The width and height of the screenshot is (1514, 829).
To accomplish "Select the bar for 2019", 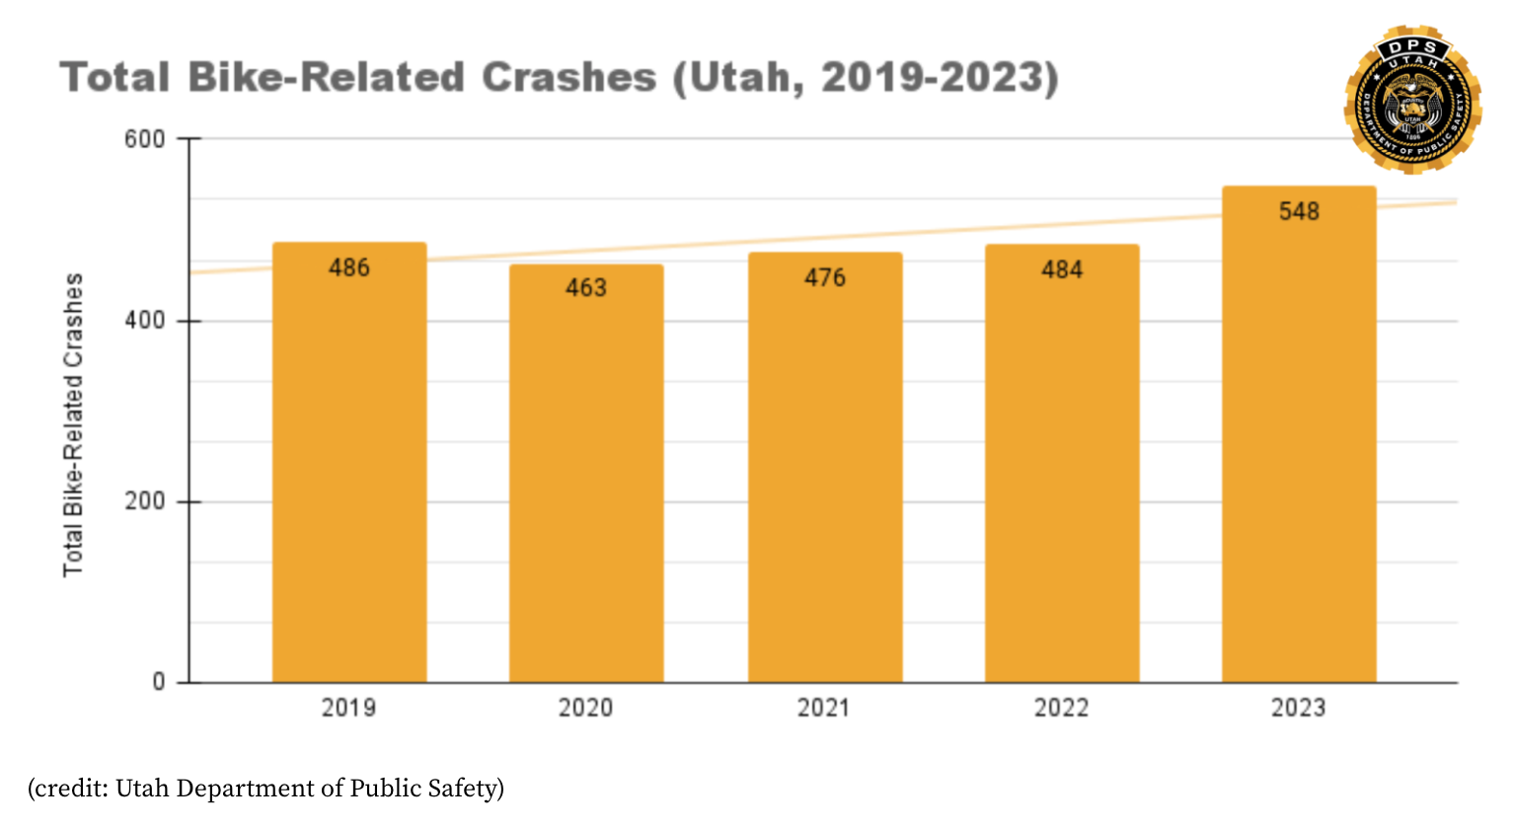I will coord(349,464).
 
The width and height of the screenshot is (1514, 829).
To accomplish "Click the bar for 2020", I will coord(586,474).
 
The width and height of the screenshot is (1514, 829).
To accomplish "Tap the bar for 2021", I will coord(825,469).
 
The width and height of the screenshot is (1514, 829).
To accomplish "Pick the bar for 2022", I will coord(1062,464).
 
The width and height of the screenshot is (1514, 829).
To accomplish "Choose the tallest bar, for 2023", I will coord(1299,434).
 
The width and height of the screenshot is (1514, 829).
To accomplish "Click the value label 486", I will coord(349,267).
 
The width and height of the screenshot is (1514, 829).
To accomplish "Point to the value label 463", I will coord(586,287).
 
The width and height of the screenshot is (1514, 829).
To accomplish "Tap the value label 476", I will coord(825,277).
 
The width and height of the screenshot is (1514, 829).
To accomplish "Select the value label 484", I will coord(1062,269).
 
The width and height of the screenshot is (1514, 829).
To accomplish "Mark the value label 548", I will coord(1299,211).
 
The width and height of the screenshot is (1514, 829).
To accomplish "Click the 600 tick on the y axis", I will coord(145,139).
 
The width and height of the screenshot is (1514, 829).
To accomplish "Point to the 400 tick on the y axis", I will coord(145,321).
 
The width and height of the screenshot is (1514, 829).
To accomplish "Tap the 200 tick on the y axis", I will coord(145,501).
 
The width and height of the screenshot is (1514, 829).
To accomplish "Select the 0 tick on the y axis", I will coord(159,682).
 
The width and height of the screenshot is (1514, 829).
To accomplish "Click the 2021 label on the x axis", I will coord(823,708).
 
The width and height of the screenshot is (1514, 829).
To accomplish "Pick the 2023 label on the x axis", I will coord(1298,708).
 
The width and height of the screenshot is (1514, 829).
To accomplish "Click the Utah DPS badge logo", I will coord(1412,100).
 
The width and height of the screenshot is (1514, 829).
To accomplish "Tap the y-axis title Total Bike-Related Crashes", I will coord(73,424).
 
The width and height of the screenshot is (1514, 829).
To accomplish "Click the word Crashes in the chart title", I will coord(568,77).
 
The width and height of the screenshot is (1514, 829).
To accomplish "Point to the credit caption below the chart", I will coord(266,789).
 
